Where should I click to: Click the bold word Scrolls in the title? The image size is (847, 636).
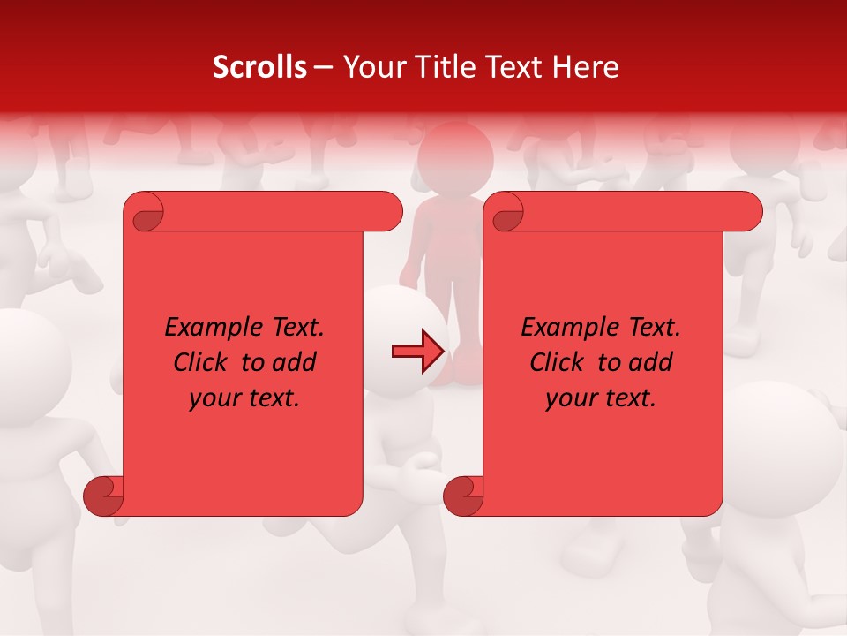[259, 67]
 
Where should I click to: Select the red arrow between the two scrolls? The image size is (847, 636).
[417, 351]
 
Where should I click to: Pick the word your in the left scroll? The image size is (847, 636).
[213, 399]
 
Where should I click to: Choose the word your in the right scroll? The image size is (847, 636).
[569, 399]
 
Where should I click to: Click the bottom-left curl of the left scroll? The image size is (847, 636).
[102, 496]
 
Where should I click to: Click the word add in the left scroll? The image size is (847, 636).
[296, 362]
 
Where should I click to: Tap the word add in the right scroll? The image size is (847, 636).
[652, 362]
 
